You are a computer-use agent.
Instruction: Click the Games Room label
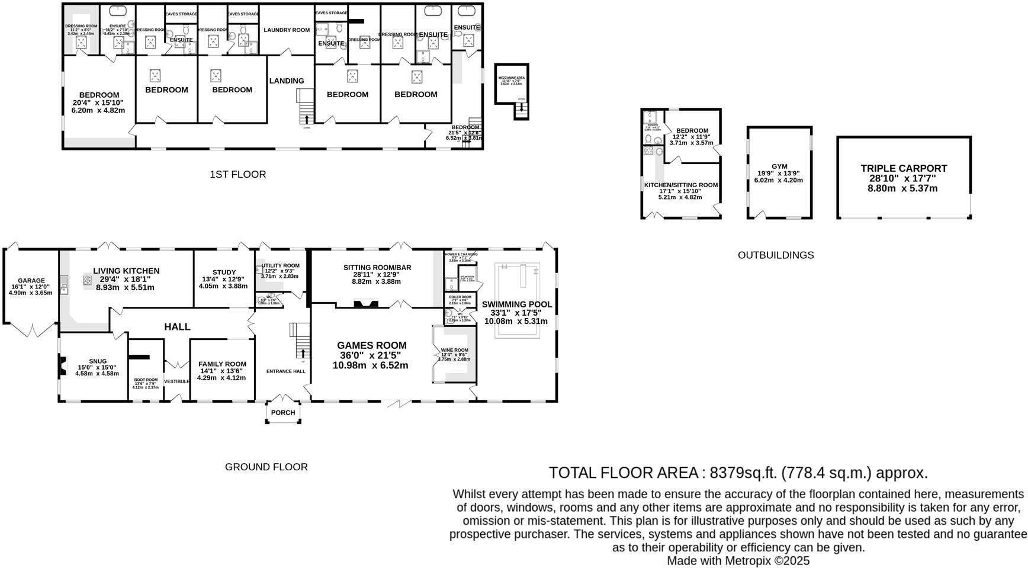coord(371,345)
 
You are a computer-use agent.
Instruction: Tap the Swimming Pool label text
coord(516,304)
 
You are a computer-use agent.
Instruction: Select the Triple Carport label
coord(904,168)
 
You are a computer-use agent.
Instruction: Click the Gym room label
coord(779,166)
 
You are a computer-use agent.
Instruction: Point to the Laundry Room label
coord(287,30)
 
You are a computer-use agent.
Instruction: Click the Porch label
coord(283,413)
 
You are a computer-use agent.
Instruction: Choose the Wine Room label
coord(454,350)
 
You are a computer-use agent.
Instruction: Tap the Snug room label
coord(98,361)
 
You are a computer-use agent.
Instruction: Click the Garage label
coord(31,281)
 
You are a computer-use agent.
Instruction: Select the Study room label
coord(224,272)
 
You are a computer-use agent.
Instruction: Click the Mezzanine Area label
coord(511,78)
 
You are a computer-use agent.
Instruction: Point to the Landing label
coord(287,81)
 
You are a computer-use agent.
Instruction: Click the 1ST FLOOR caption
coord(237,174)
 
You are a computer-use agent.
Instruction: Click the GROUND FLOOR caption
coord(266,467)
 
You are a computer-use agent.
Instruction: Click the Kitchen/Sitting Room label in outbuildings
coord(680,185)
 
